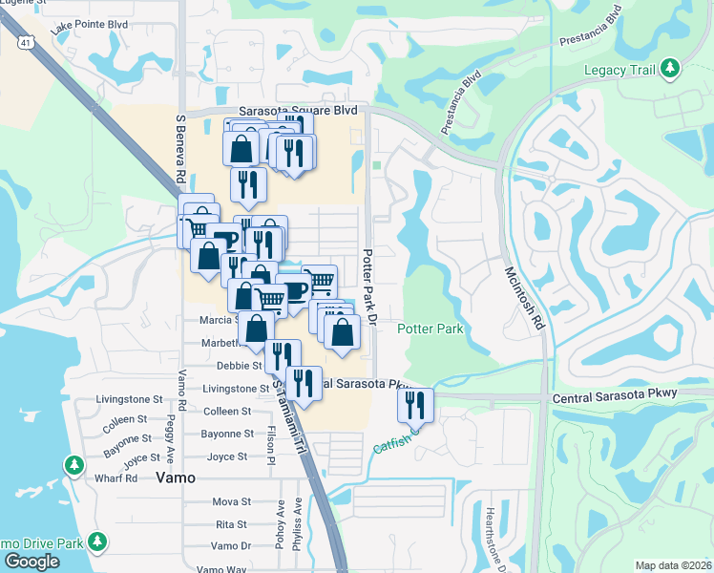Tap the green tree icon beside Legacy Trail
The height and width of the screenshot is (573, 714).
click(671, 67)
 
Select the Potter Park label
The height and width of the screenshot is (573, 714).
click(430, 329)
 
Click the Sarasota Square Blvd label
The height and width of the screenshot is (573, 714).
click(284, 111)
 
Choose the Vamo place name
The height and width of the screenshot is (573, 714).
click(176, 477)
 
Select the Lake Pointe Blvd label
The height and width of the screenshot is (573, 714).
click(89, 27)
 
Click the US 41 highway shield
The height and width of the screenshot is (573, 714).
click(27, 40)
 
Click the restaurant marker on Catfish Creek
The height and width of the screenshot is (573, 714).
click(415, 405)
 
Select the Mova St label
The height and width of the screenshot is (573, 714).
click(231, 500)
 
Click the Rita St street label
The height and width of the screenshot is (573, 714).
click(231, 524)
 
